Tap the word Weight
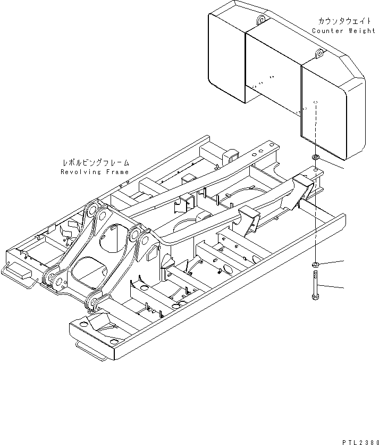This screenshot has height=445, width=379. tap(362, 31)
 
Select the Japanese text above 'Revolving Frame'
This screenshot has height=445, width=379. tap(95, 163)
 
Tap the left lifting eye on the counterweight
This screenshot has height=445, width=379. tap(260, 20)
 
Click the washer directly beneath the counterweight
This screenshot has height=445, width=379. tap(315, 158)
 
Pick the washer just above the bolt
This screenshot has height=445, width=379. tap(315, 265)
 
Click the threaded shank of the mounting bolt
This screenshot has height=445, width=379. tap(315, 282)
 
